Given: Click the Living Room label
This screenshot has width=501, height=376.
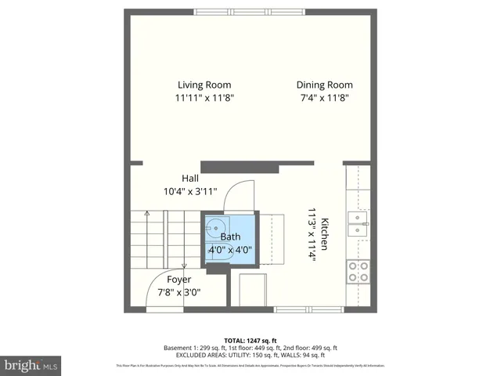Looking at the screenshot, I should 204,85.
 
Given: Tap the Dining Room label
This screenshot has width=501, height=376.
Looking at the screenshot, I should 324,85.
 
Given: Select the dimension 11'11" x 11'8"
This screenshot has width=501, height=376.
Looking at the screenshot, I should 204,98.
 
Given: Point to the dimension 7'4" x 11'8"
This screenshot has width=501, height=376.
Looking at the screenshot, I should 324,98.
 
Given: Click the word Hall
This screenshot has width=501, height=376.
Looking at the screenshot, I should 190,178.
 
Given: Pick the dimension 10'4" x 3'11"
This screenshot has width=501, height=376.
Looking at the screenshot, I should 190,191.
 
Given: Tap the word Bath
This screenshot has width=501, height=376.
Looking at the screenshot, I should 230,237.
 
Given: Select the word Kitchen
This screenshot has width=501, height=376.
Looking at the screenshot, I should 323,233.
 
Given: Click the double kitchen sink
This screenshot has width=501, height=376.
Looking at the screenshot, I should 358,224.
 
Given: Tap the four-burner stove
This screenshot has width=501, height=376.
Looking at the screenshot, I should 359,271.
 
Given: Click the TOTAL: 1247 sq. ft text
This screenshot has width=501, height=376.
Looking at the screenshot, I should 250,341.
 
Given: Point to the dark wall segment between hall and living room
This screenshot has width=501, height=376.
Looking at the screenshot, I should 240,166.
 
